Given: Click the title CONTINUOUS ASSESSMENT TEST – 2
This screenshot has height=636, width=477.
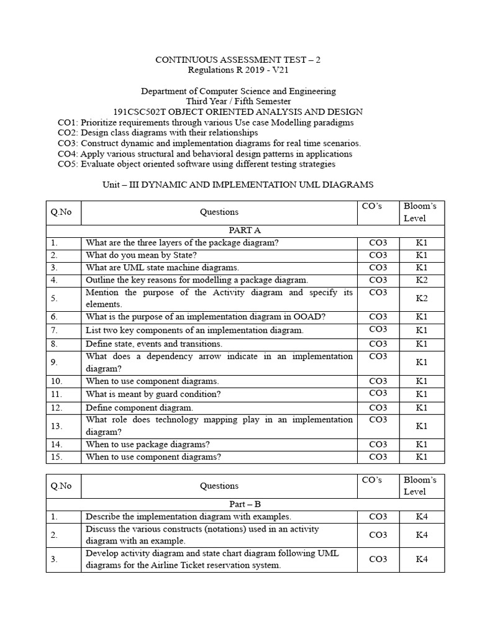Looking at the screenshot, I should coord(238,60).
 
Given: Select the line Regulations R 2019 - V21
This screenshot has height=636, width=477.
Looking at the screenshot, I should coord(238,70).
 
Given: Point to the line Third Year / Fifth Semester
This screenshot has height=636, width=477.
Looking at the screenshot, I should coord(238,101).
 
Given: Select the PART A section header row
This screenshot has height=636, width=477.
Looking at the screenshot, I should coord(245,230).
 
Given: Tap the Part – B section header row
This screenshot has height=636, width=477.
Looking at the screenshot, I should coord(245,504).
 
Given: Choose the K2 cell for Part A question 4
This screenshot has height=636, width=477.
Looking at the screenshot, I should coord(422,280).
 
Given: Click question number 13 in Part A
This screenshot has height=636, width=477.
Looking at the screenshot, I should coord(55,425).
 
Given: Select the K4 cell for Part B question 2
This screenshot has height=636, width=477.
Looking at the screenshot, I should coord(422,535).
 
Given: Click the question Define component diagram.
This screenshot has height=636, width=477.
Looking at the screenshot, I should coord(139,407).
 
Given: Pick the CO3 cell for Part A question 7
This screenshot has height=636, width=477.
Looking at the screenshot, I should coord(378,330).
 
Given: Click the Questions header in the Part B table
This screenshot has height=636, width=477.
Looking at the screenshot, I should coord(219,486).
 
